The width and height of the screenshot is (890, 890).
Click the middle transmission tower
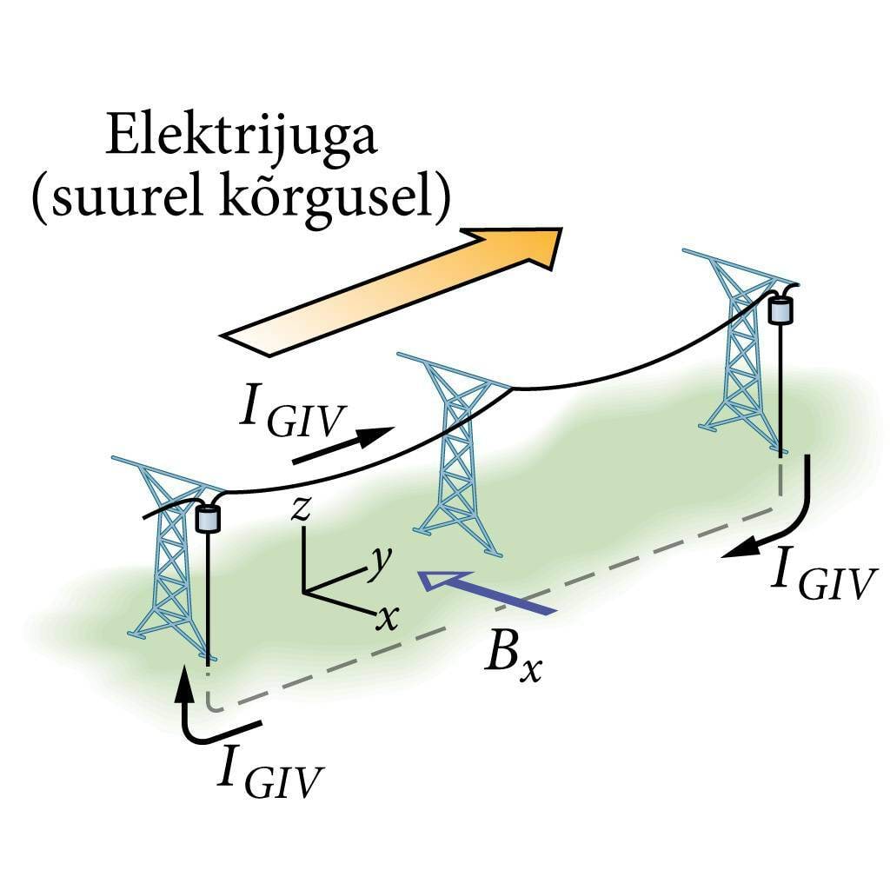(455, 452)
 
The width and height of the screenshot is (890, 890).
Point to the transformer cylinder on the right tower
(781, 309)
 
